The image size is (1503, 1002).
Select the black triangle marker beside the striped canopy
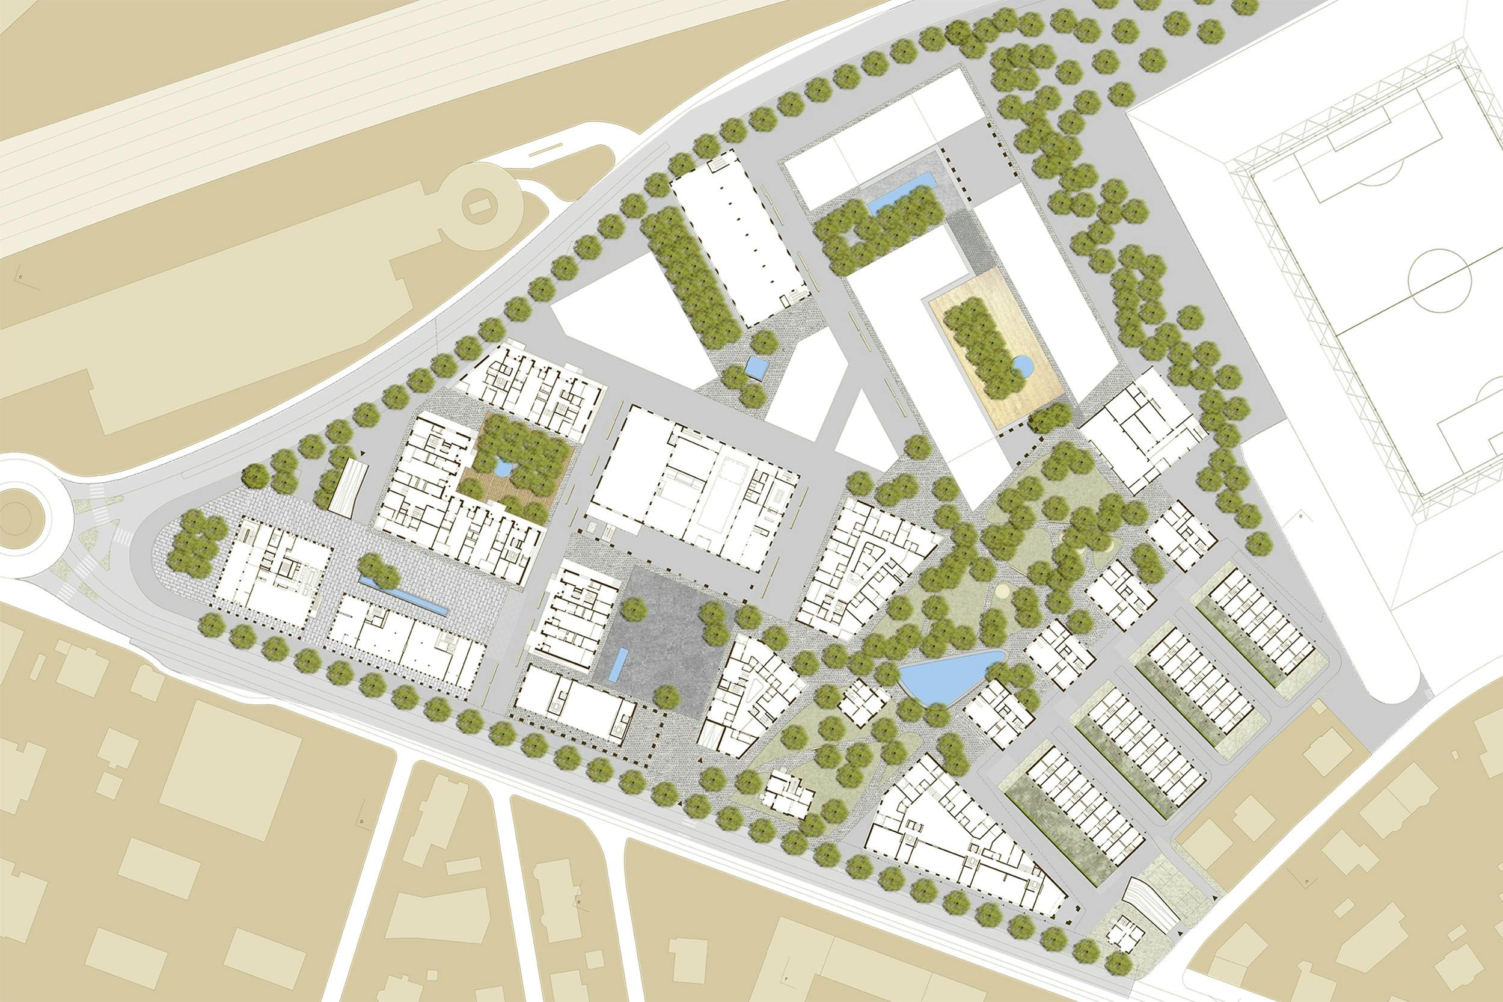pos(364,453)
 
